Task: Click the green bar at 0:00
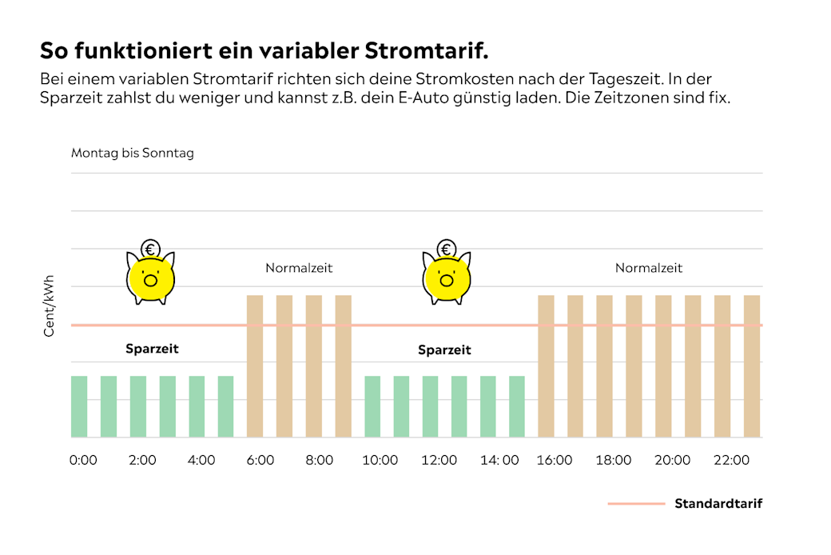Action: click(79, 406)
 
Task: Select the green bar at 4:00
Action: click(197, 406)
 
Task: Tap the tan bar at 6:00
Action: click(255, 366)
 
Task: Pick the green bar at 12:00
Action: click(430, 406)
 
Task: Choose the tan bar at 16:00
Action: click(547, 366)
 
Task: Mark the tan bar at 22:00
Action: click(722, 366)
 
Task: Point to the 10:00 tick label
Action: click(380, 461)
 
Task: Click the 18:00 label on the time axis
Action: click(613, 461)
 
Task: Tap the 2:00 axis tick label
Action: click(142, 461)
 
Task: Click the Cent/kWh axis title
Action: click(50, 306)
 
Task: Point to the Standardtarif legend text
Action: click(718, 504)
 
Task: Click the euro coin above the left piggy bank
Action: click(150, 249)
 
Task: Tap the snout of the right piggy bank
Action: click(446, 280)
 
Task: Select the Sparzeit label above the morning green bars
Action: click(152, 349)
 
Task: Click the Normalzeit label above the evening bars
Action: click(649, 269)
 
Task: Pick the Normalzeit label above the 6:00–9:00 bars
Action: click(299, 269)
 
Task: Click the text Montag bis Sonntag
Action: click(133, 153)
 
